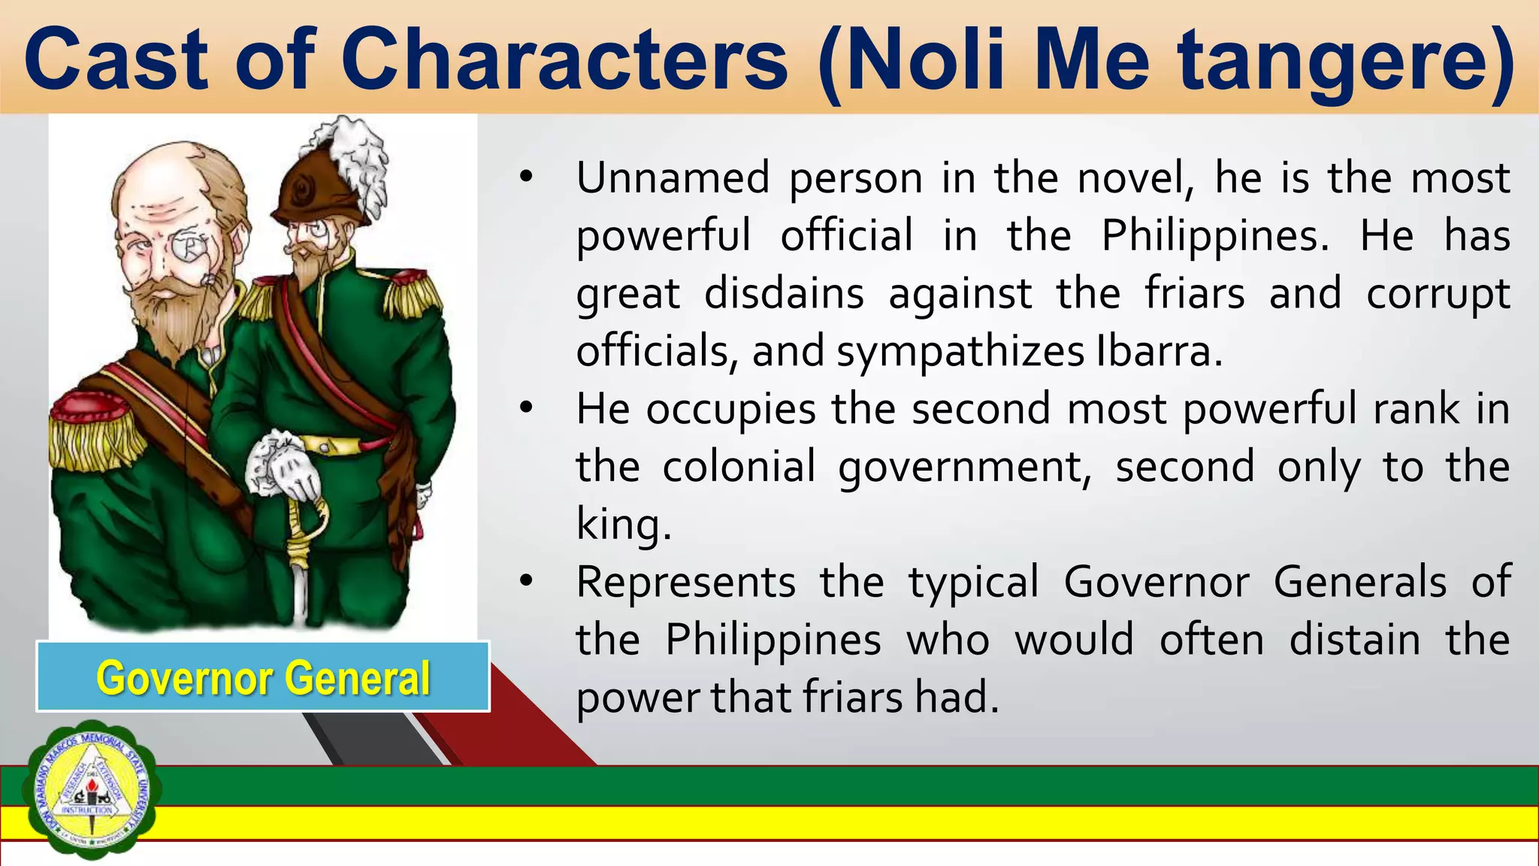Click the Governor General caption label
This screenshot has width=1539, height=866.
tap(263, 677)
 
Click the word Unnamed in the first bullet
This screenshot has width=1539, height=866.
tap(673, 179)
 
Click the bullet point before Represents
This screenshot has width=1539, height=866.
tap(525, 581)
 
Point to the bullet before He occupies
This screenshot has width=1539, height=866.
tap(525, 408)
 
